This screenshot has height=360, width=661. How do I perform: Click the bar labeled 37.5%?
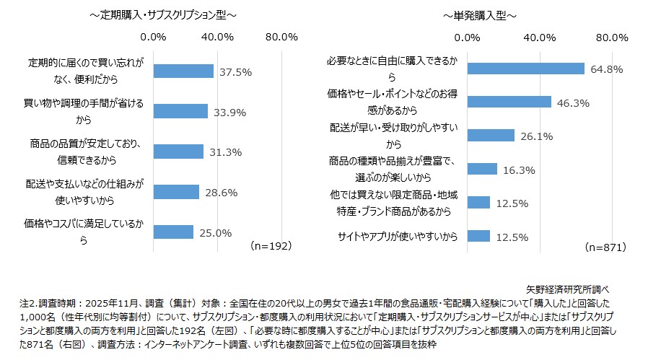183,71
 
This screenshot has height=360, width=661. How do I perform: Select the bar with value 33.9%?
180,111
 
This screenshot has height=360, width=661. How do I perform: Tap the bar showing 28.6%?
176,192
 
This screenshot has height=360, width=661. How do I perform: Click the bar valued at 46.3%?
509,102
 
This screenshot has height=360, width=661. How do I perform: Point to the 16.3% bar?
482,169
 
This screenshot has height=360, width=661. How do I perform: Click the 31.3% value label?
226,152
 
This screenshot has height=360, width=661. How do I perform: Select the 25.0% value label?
216,232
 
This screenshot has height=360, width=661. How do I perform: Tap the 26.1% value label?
537,136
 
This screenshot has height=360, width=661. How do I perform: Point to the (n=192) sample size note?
271,246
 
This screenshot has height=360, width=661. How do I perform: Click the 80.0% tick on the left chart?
281,36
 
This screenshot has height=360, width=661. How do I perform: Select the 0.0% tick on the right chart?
468,36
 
